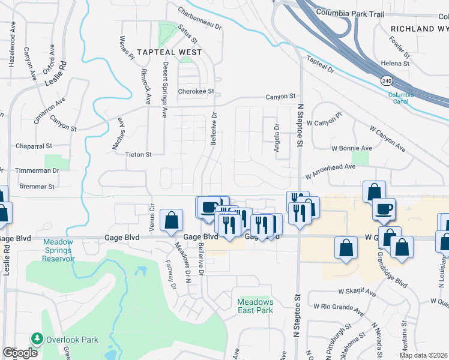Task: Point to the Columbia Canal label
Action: pyautogui.click(x=400, y=98)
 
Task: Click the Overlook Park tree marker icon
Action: pyautogui.click(x=37, y=339)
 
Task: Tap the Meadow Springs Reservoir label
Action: pyautogui.click(x=58, y=250)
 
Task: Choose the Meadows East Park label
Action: pyautogui.click(x=255, y=306)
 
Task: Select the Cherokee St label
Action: pyautogui.click(x=196, y=91)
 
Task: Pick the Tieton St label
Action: pyautogui.click(x=138, y=154)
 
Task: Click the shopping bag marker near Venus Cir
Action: pyautogui.click(x=172, y=219)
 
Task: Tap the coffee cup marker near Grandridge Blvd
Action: pyautogui.click(x=384, y=208)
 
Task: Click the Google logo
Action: pyautogui.click(x=20, y=353)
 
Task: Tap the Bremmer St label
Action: pyautogui.click(x=37, y=187)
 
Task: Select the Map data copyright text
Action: pyautogui.click(x=423, y=356)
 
